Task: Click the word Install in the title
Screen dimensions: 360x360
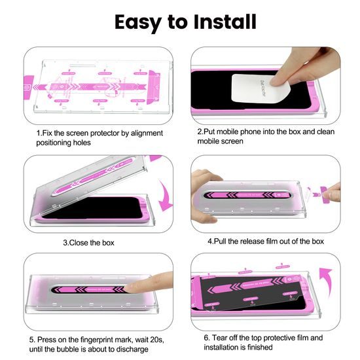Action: click(217, 21)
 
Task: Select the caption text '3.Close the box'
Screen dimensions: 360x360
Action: click(88, 243)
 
